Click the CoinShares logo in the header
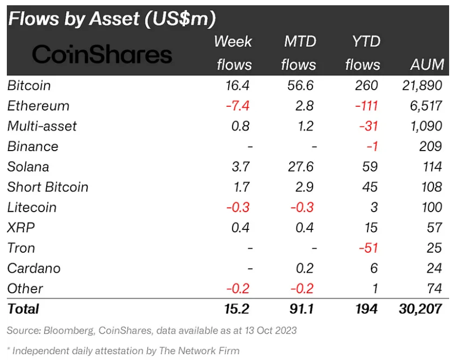tap(102, 54)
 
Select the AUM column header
tap(427, 64)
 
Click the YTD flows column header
tap(363, 53)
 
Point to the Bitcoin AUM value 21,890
tap(422, 85)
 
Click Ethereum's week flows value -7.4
tap(238, 106)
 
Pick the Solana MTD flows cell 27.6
tap(301, 167)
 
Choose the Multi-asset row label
tap(42, 126)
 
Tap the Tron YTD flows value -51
tap(369, 248)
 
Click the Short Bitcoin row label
tap(48, 187)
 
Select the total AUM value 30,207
tap(421, 308)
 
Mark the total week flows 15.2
tap(237, 308)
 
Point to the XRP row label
tap(21, 227)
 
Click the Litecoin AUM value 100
tap(432, 207)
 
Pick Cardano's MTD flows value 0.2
tap(304, 268)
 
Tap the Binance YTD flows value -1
tap(372, 146)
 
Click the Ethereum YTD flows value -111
tap(367, 106)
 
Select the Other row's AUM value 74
tap(434, 288)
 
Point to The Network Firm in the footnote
tap(199, 351)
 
